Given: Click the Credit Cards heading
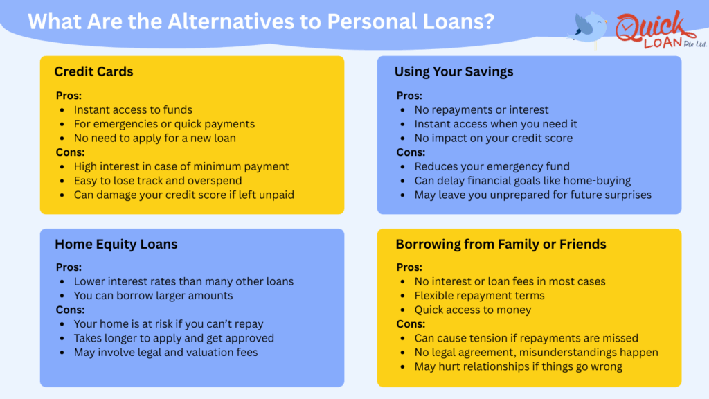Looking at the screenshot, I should (x=93, y=71).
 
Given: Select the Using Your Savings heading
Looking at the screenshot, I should (x=454, y=71).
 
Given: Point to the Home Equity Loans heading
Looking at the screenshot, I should (x=116, y=244).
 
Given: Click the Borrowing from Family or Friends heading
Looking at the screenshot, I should (x=501, y=244).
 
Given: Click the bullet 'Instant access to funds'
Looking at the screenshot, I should (x=133, y=109).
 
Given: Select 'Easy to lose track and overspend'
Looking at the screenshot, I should (x=159, y=181).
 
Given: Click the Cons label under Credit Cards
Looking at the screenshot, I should (x=71, y=152).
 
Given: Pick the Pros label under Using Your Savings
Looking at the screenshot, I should (x=409, y=96).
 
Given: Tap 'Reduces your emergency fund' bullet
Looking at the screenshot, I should (x=492, y=166).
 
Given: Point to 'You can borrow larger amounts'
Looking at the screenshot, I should (x=153, y=296).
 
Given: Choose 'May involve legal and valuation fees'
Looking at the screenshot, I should (x=165, y=353).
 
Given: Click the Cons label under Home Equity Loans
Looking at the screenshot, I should (x=71, y=310).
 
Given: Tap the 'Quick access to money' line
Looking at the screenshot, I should (x=473, y=310).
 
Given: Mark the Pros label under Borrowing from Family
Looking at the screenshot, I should (x=409, y=267).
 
